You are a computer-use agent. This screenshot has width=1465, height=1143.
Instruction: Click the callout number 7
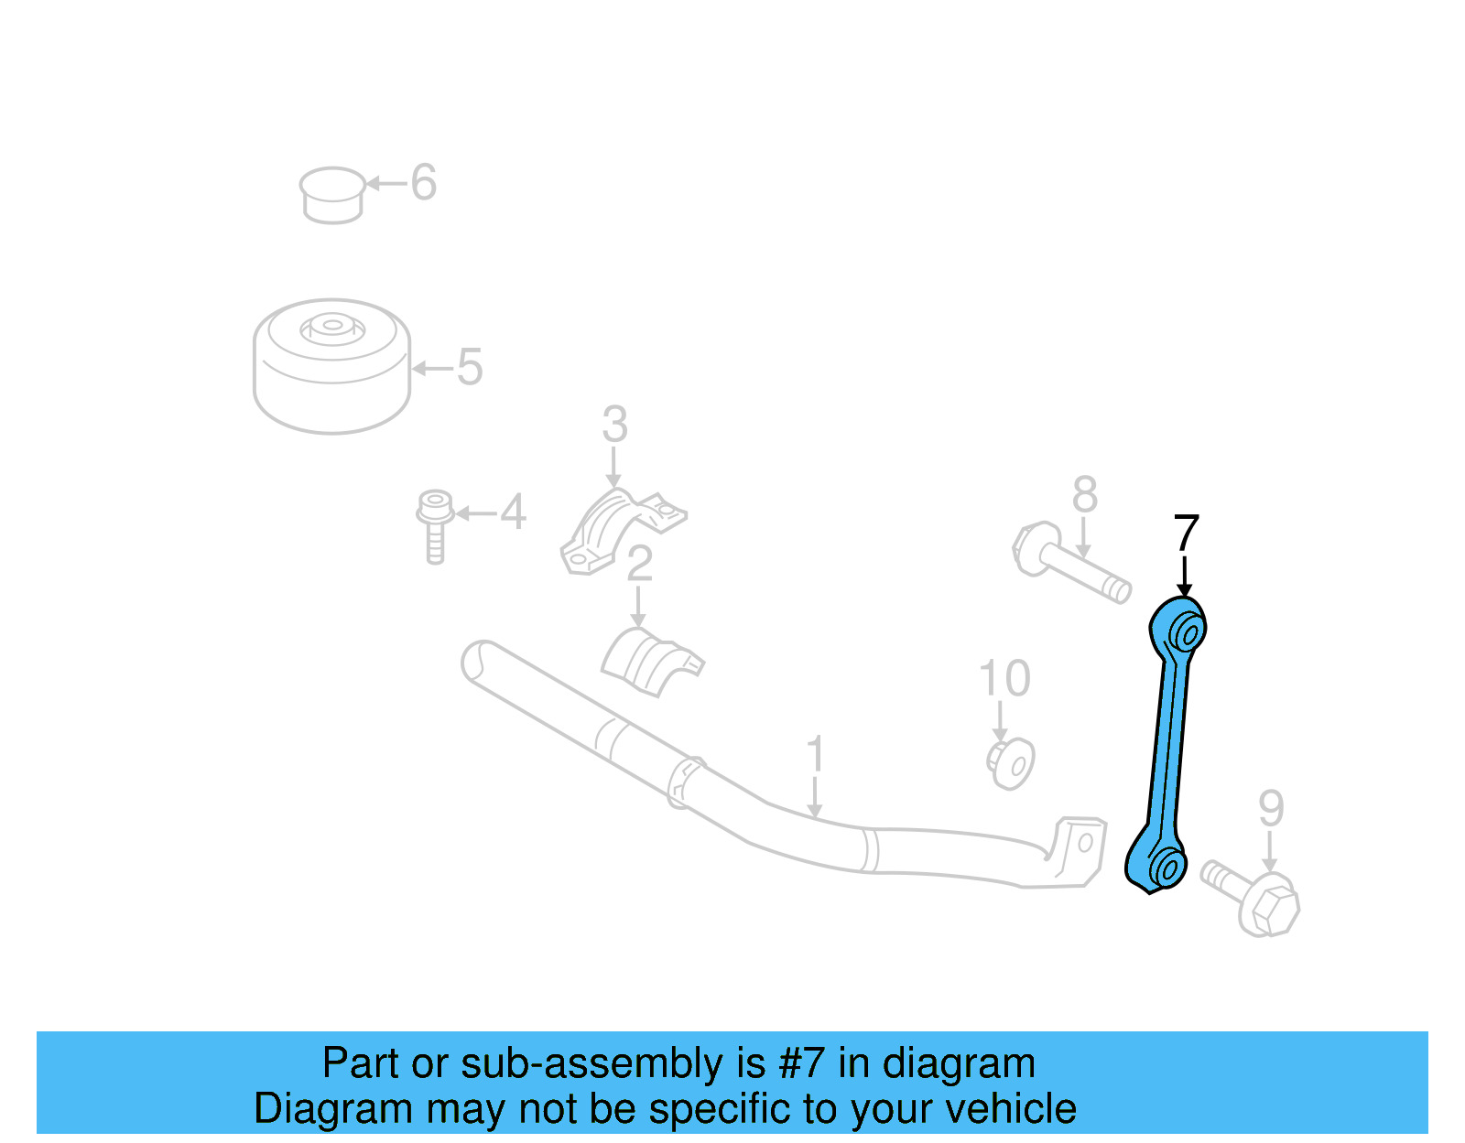pos(1186,533)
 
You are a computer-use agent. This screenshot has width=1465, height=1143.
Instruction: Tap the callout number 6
pos(423,183)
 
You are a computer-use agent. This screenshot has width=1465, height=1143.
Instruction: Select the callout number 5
pos(469,367)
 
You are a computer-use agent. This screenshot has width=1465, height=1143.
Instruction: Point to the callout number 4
pos(513,512)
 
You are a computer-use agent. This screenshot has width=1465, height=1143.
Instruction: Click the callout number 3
pos(614,425)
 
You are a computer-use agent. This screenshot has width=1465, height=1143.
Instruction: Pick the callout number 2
pos(639,564)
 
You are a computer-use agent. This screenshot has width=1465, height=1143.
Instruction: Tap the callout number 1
pos(815,755)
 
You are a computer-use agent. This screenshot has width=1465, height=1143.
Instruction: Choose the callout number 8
pos(1084,495)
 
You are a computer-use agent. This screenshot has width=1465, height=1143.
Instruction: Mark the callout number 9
pos(1271,808)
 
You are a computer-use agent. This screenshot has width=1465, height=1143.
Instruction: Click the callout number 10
pos(1004,679)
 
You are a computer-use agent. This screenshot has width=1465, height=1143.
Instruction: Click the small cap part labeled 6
pos(331,194)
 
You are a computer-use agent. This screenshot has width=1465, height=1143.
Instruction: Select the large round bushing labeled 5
pos(331,366)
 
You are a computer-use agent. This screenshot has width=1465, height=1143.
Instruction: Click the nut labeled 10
pos(1011,763)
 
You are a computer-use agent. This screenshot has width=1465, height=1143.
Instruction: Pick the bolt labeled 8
pos(1071,560)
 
